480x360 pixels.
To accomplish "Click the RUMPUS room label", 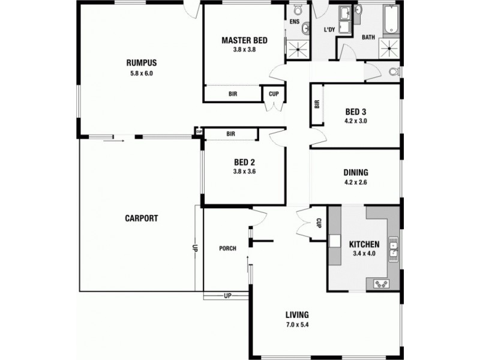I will coord(141,62).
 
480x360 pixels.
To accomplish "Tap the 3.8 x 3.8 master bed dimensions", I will coord(244,50).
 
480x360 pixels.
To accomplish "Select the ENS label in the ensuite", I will coord(294,22).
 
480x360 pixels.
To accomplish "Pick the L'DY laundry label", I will coord(329,29).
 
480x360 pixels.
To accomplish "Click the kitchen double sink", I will coord(394,248).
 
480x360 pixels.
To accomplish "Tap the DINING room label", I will coord(356,173).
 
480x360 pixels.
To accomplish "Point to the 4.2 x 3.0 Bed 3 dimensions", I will coord(356,121).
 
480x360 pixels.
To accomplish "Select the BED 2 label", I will coord(244,161).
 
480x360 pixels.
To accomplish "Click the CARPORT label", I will coord(141,218).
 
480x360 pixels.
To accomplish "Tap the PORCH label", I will coord(227,248).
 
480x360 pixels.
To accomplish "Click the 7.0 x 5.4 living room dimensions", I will coord(298,326).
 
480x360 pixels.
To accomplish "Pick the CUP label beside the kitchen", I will coord(319,222).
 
